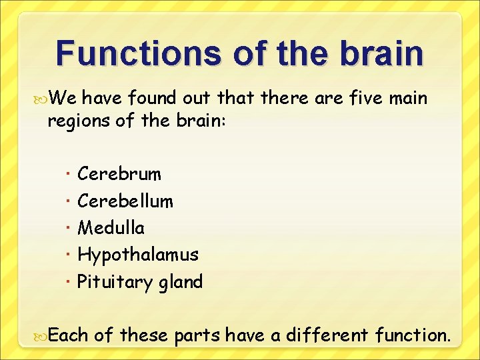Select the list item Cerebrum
click(119, 174)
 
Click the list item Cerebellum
click(125, 201)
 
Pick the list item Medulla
click(111, 228)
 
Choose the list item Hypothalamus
click(138, 255)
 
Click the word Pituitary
click(115, 282)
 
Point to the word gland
click(180, 283)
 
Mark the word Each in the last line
click(69, 335)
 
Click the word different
click(326, 335)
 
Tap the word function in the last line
click(411, 335)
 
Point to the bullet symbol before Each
click(42, 335)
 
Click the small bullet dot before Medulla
click(70, 228)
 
